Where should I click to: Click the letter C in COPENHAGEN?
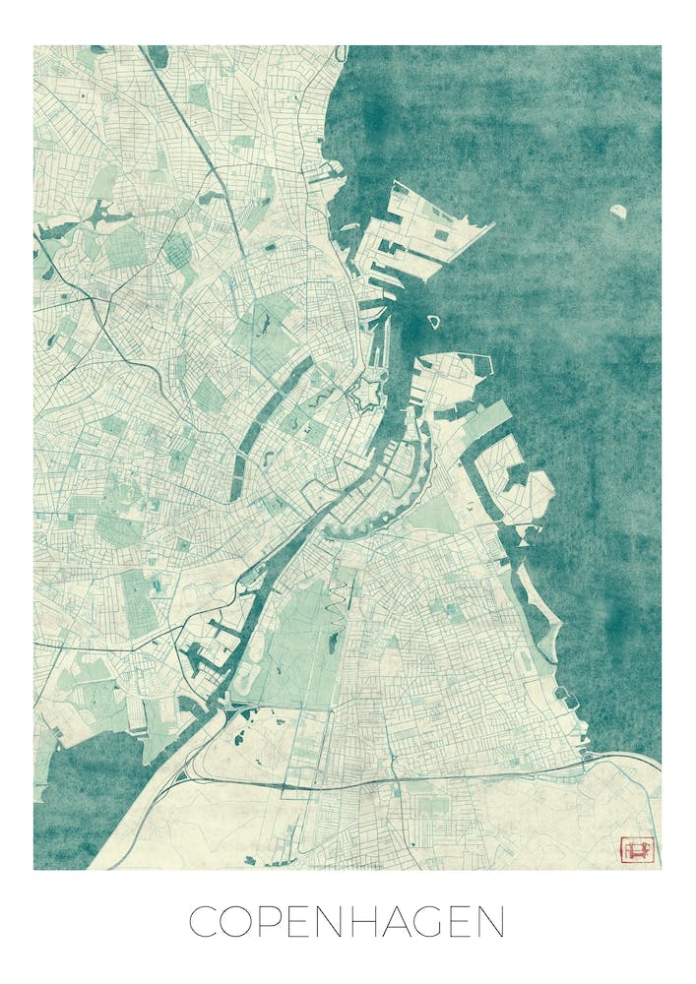[204, 922]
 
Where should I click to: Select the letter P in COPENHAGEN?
[279, 922]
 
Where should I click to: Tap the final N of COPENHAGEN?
[489, 922]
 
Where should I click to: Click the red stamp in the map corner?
[636, 847]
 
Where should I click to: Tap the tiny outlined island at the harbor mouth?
[432, 321]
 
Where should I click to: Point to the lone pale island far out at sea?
[619, 211]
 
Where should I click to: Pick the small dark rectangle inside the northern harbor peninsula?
[440, 235]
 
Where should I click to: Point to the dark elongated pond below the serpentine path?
[333, 645]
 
